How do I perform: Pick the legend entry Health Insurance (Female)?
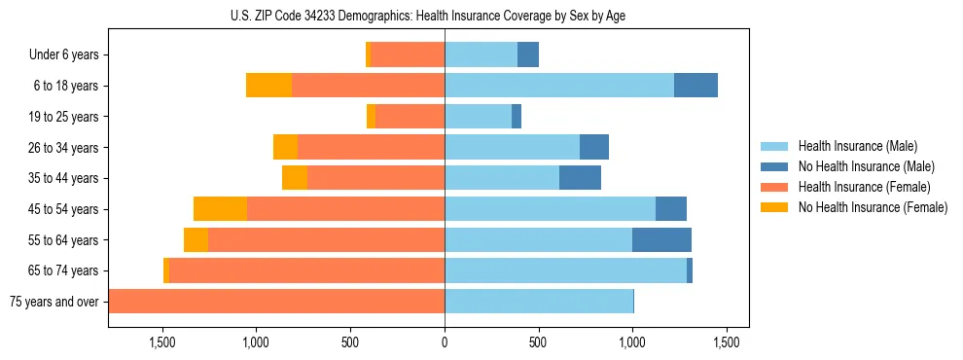tap(864, 187)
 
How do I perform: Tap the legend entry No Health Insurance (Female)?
tap(873, 207)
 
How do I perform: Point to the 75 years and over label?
tap(54, 302)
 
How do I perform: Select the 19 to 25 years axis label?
tap(65, 117)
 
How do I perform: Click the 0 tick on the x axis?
tap(445, 342)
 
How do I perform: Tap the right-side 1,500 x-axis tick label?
tap(727, 342)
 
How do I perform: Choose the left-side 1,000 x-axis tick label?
tap(255, 342)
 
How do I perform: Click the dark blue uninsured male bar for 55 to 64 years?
tap(661, 239)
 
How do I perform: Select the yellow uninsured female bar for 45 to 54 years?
tap(220, 209)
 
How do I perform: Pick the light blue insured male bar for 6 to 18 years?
tap(559, 86)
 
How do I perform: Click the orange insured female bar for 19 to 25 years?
tap(410, 117)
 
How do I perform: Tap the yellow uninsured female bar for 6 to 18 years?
tap(268, 86)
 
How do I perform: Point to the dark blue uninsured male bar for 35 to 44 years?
tap(580, 178)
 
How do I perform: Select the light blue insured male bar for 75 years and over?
tap(539, 302)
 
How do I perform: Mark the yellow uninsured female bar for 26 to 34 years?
tap(285, 147)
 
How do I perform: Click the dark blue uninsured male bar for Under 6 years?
tap(528, 55)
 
